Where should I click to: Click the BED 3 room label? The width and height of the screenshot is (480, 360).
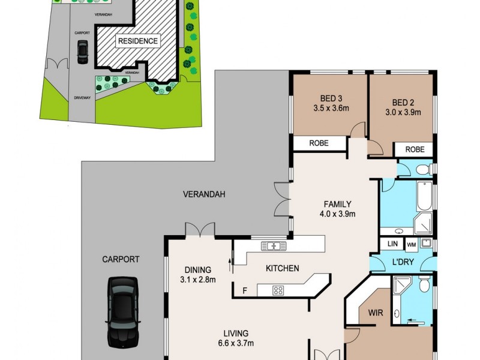326,99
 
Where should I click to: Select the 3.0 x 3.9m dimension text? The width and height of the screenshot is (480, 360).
403,112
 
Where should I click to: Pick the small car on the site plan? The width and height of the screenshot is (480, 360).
82,52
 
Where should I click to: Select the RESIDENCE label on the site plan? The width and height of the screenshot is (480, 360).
138,41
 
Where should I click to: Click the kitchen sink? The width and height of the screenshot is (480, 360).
274,245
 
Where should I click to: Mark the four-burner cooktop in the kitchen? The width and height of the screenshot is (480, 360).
278,290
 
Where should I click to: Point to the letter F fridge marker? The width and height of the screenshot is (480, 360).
244,291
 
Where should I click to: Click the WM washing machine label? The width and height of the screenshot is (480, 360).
412,244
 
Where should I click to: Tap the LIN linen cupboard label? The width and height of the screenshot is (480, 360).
392,244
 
